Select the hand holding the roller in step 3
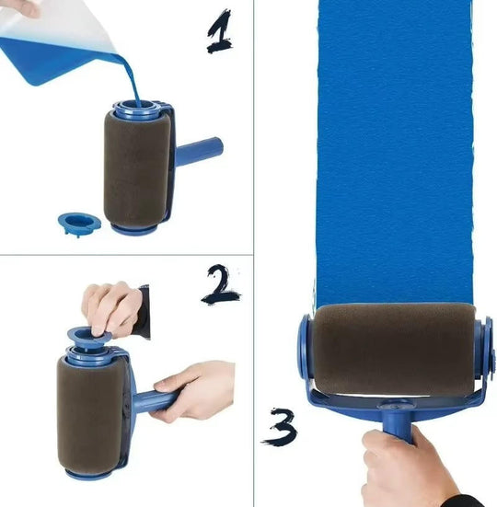coord(405,469)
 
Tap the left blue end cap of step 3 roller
coord(306,354)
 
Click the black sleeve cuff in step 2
coord(141,310)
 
